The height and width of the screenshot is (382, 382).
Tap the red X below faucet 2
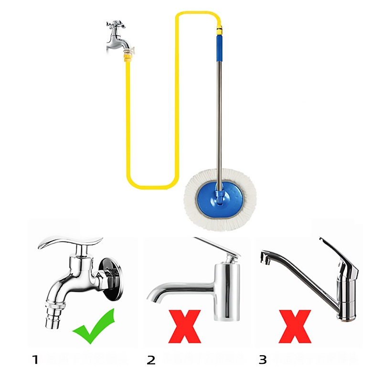(185, 327)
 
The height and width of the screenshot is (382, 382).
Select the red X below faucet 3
(295, 327)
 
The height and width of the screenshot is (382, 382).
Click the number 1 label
(35, 360)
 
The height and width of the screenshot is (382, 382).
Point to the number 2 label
(151, 360)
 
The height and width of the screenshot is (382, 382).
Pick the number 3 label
(263, 360)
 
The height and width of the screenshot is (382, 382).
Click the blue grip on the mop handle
(220, 48)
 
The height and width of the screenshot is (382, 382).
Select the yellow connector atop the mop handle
(220, 30)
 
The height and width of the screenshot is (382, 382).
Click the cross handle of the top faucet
(116, 25)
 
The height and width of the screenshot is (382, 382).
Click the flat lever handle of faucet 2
(217, 246)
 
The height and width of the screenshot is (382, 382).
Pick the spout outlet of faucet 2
(153, 297)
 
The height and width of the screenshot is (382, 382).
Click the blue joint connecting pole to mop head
(220, 196)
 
